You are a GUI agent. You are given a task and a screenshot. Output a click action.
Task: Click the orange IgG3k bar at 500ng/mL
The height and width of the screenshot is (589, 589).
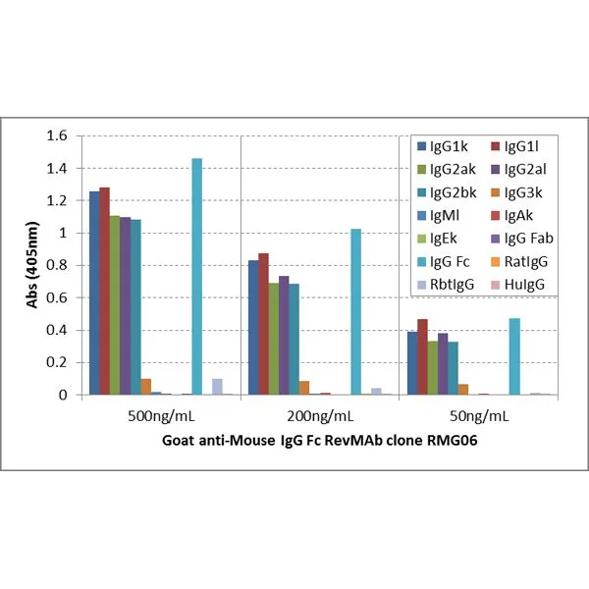(x=145, y=387)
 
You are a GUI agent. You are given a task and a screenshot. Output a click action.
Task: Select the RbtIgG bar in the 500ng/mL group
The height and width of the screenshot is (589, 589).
(x=217, y=387)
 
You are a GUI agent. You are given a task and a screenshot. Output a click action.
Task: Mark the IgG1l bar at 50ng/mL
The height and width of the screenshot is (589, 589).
(x=422, y=357)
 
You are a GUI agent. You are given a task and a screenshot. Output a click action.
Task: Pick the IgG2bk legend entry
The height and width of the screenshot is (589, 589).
(x=449, y=192)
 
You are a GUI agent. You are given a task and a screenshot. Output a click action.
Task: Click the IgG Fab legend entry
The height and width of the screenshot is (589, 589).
(x=531, y=239)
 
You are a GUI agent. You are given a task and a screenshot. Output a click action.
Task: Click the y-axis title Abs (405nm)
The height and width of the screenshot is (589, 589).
(x=30, y=265)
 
